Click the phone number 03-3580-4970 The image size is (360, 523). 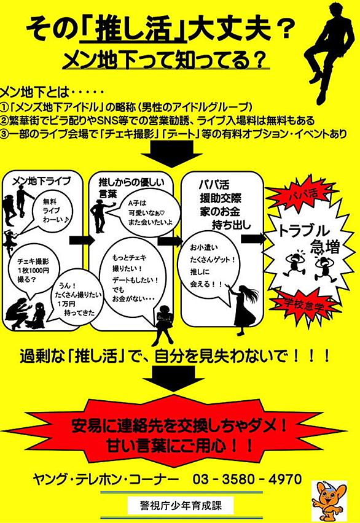coord(247,479)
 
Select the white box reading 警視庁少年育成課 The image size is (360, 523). coord(181,506)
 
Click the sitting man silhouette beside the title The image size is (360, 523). coord(329,50)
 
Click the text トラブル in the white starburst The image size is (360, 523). coord(303,230)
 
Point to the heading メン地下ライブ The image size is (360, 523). coord(42,181)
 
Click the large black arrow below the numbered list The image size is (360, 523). coord(171,153)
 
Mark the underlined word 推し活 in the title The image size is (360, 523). coord(133,30)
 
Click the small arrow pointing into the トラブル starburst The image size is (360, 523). coord(252,239)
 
